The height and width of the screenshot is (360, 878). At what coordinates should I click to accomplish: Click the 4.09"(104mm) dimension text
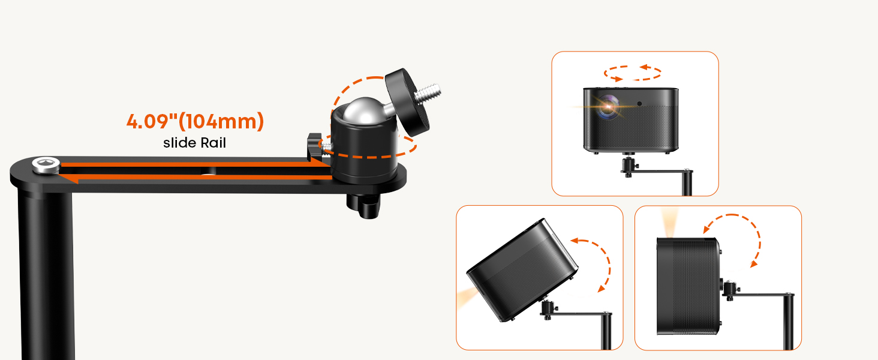point(195,122)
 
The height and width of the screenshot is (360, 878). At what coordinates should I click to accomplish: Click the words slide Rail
point(194,143)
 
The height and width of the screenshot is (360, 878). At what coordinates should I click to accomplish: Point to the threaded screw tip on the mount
point(428,93)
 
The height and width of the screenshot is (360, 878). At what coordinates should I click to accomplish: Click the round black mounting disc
point(407,103)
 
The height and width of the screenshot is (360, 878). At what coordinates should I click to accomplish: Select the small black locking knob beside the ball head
point(314,146)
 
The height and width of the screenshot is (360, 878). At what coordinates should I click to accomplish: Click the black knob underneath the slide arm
point(364,205)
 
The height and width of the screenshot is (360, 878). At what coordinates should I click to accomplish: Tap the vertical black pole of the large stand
point(46,275)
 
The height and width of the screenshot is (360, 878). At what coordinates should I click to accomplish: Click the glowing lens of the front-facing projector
point(608,106)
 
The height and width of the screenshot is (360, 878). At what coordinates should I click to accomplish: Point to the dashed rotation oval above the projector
point(632,73)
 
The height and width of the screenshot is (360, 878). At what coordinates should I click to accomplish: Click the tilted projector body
point(522,271)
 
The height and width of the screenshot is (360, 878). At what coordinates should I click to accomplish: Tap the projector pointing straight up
point(689,286)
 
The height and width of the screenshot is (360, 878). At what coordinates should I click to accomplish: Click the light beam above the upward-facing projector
point(669,223)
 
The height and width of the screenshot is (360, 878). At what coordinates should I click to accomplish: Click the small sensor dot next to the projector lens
point(639,104)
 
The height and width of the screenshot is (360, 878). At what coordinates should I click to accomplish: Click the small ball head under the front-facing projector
point(629,167)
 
